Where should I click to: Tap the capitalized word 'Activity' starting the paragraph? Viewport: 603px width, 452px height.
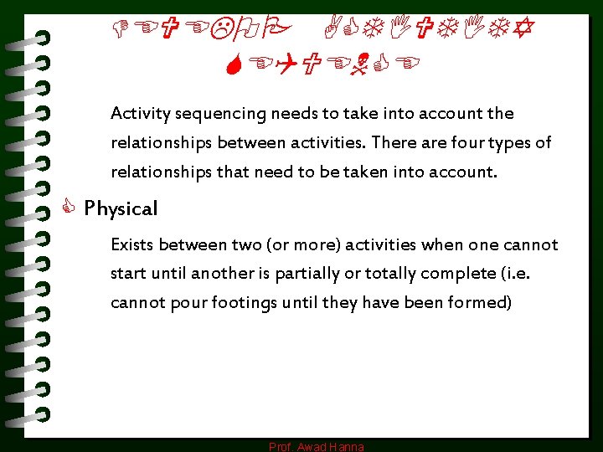[139, 113]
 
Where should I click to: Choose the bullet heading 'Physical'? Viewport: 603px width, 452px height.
[121, 208]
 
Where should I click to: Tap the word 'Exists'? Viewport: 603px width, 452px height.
[133, 244]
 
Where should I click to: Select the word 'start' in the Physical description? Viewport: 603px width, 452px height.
[128, 274]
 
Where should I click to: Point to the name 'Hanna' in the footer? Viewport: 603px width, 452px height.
[346, 447]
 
